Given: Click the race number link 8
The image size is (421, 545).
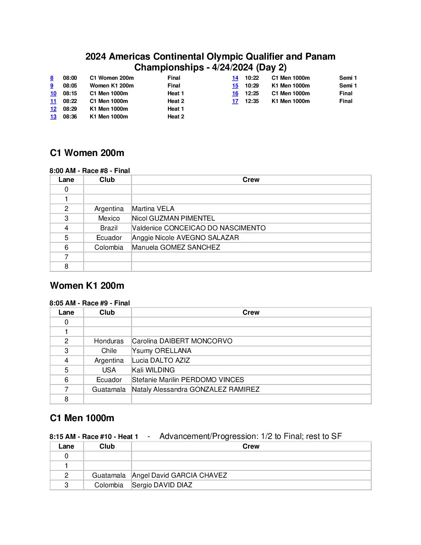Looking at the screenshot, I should tap(52, 78).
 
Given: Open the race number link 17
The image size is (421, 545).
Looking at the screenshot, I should tap(235, 101).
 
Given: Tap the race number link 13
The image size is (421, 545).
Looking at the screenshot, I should tap(53, 117).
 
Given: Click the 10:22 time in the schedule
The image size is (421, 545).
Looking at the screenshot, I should tap(252, 78).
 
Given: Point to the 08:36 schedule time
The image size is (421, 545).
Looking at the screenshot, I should tap(70, 117).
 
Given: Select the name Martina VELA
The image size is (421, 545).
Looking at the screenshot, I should tap(153, 209).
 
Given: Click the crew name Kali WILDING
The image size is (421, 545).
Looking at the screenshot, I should tap(153, 370).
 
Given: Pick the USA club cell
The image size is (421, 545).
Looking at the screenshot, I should tap(109, 370).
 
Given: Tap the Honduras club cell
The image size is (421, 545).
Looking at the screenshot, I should tap(109, 341).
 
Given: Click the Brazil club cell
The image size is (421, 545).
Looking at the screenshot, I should tap(109, 228).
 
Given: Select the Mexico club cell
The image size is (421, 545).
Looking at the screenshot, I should tap(109, 218).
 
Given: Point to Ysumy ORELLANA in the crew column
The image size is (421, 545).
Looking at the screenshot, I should tap(162, 351).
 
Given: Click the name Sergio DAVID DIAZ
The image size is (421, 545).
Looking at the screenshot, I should tap(162, 485).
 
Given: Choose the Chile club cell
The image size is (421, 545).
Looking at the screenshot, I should tap(109, 351).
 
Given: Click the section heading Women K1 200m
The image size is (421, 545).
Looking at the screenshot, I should tap(87, 286).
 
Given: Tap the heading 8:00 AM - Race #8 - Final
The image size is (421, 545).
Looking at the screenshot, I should tap(90, 171).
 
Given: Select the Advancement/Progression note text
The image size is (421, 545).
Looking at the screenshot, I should tap(251, 436).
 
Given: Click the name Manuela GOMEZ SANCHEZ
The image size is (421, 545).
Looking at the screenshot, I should tap(176, 247).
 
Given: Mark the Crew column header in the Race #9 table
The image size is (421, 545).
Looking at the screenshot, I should tap(251, 312).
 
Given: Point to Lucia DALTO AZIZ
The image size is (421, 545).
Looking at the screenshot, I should tap(161, 360).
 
